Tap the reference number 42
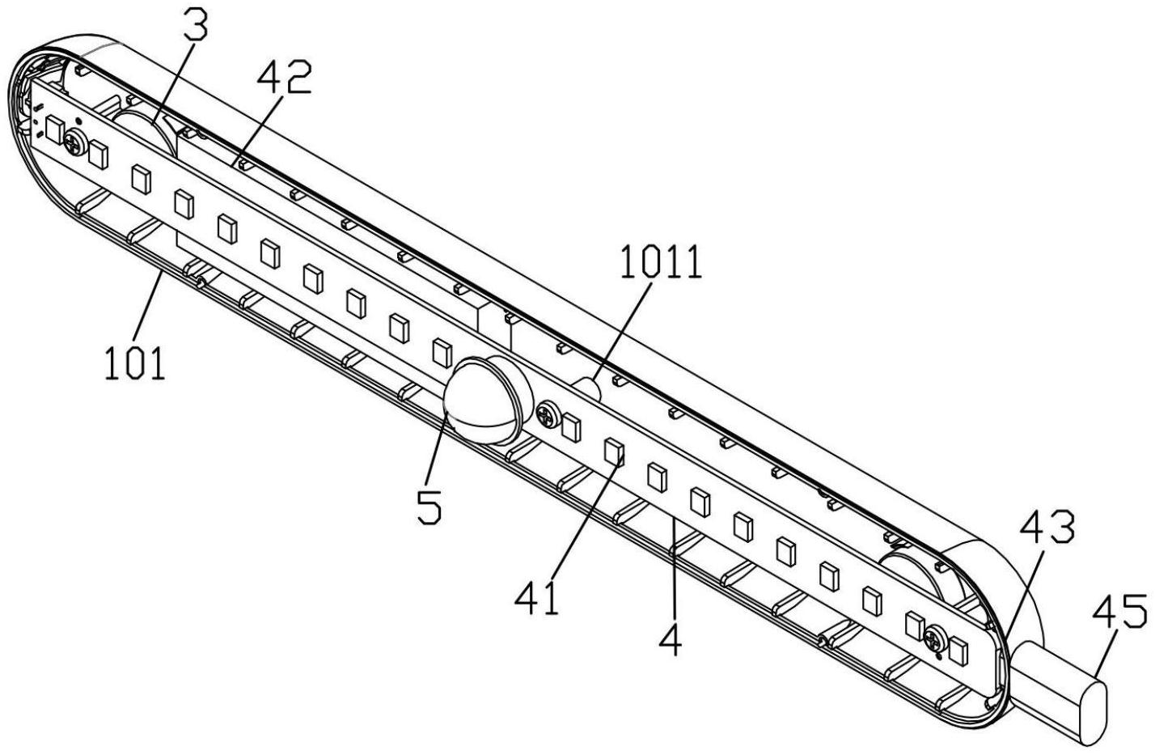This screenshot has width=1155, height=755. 285,78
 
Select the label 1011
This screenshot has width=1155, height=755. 661,261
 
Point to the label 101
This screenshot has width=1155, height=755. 136,363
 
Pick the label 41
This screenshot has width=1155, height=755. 537,596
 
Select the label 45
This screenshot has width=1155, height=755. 1120,611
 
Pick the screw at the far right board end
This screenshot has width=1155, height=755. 936,638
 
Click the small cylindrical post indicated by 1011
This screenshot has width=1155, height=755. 588,388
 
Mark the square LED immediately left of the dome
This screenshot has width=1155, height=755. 442,353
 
